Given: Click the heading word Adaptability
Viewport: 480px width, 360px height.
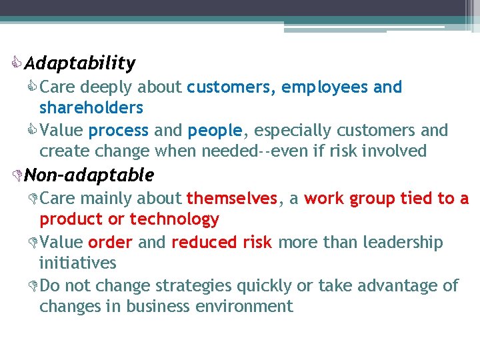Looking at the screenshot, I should point(79,63).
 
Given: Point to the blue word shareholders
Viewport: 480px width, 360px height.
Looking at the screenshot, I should point(91,107).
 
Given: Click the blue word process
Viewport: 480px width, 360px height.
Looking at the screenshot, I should point(119,131).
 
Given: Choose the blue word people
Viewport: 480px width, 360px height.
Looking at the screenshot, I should point(215,131).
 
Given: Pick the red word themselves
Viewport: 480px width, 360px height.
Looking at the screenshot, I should point(231,199).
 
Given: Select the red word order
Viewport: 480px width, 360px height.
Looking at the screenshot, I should point(110,243).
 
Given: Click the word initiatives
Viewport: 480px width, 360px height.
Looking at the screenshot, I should point(78,263).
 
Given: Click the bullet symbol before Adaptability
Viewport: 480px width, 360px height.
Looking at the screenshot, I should point(18,64).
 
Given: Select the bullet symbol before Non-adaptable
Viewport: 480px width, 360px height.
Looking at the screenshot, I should point(18,176).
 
